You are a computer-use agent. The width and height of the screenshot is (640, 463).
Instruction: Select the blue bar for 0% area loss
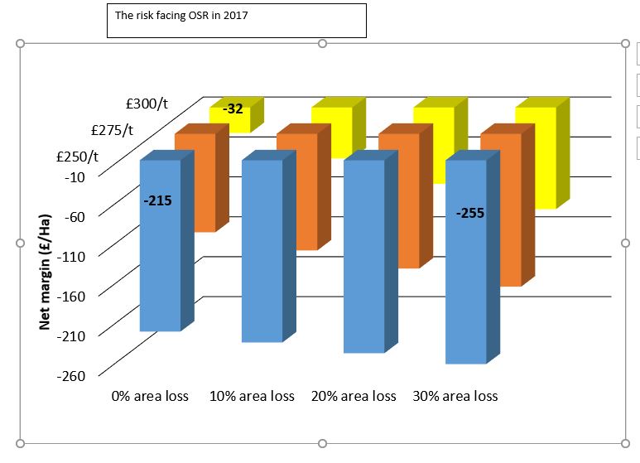(161, 265)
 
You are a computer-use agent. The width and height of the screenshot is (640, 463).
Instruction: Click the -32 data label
(233, 108)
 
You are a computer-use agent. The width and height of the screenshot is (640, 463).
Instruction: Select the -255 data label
(469, 213)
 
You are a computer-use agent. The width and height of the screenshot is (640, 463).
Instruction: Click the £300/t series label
(147, 104)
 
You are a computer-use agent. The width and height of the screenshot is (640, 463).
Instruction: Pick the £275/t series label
(112, 130)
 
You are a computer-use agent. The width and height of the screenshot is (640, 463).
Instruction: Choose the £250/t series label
(77, 157)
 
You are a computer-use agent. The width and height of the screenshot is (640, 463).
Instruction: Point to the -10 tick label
(73, 176)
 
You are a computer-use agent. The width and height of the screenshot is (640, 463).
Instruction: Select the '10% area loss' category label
(252, 396)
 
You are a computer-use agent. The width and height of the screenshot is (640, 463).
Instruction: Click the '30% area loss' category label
(455, 396)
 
